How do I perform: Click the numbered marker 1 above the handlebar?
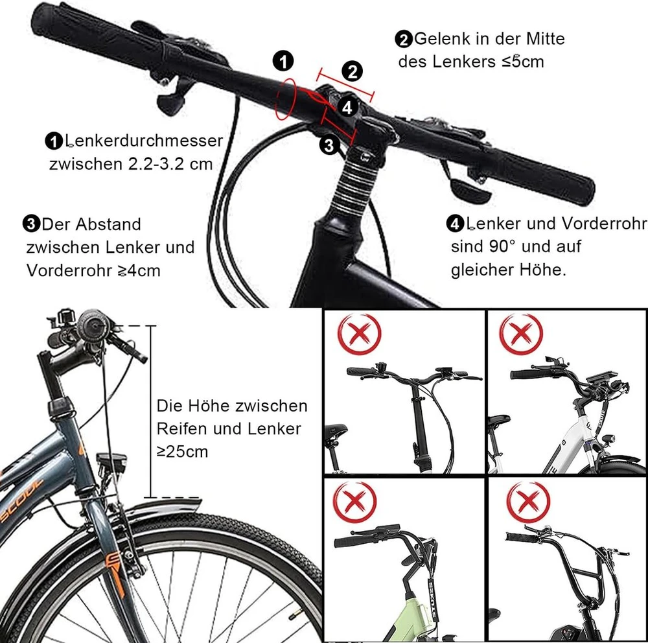point(283,61)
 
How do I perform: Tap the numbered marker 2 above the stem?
point(352,71)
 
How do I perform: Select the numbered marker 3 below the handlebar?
point(329,145)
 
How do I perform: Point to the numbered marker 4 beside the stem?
point(347,108)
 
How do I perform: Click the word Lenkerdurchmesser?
point(144,141)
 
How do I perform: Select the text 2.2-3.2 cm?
point(170,164)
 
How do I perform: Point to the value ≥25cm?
point(182,452)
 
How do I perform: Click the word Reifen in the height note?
point(181,429)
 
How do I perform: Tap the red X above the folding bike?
point(359,334)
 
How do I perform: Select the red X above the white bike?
point(521,333)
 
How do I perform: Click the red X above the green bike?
point(354,502)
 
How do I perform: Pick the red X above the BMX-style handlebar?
point(527,502)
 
